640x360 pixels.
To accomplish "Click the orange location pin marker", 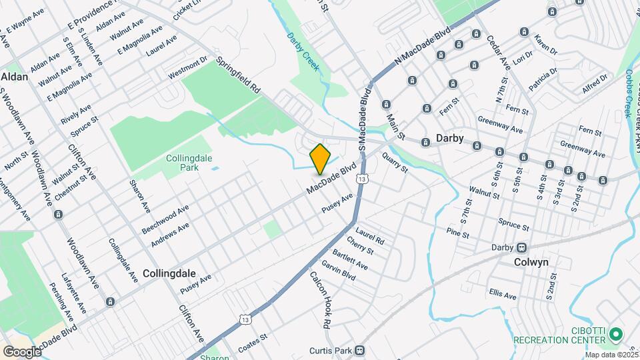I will (x=321, y=159).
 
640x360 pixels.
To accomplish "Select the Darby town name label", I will (x=449, y=139).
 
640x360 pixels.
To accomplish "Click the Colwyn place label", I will (x=531, y=262).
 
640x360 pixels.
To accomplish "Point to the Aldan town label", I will (x=15, y=77).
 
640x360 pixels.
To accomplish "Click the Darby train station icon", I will (x=522, y=247).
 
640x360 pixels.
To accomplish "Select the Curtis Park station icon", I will (x=360, y=349).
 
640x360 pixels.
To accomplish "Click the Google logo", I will (x=21, y=351).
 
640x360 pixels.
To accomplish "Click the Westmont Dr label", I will (x=187, y=68).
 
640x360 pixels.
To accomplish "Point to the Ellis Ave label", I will (x=502, y=294).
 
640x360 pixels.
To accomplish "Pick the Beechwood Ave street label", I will (x=165, y=219).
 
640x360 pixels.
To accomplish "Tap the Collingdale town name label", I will (x=169, y=273).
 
